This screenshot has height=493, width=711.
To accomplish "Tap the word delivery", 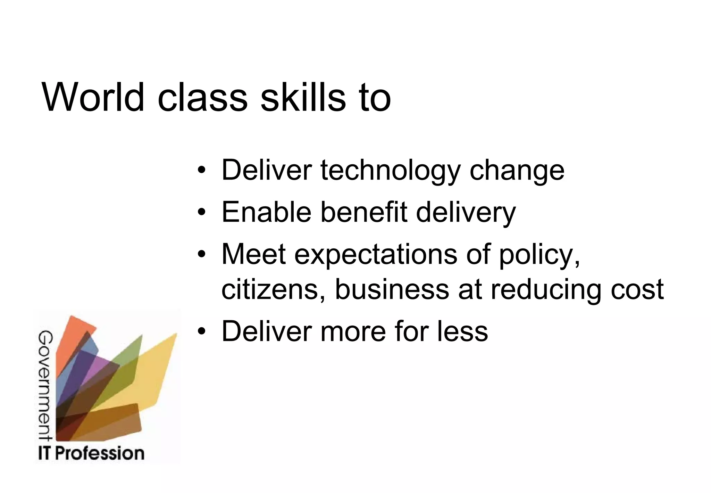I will coord(466,213).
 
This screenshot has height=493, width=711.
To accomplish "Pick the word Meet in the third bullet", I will coord(254,254).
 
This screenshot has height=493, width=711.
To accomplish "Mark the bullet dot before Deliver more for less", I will coord(202,331).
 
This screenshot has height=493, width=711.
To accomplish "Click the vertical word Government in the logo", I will coord(45,386).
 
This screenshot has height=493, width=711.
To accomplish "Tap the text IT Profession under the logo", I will coord(91,453).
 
